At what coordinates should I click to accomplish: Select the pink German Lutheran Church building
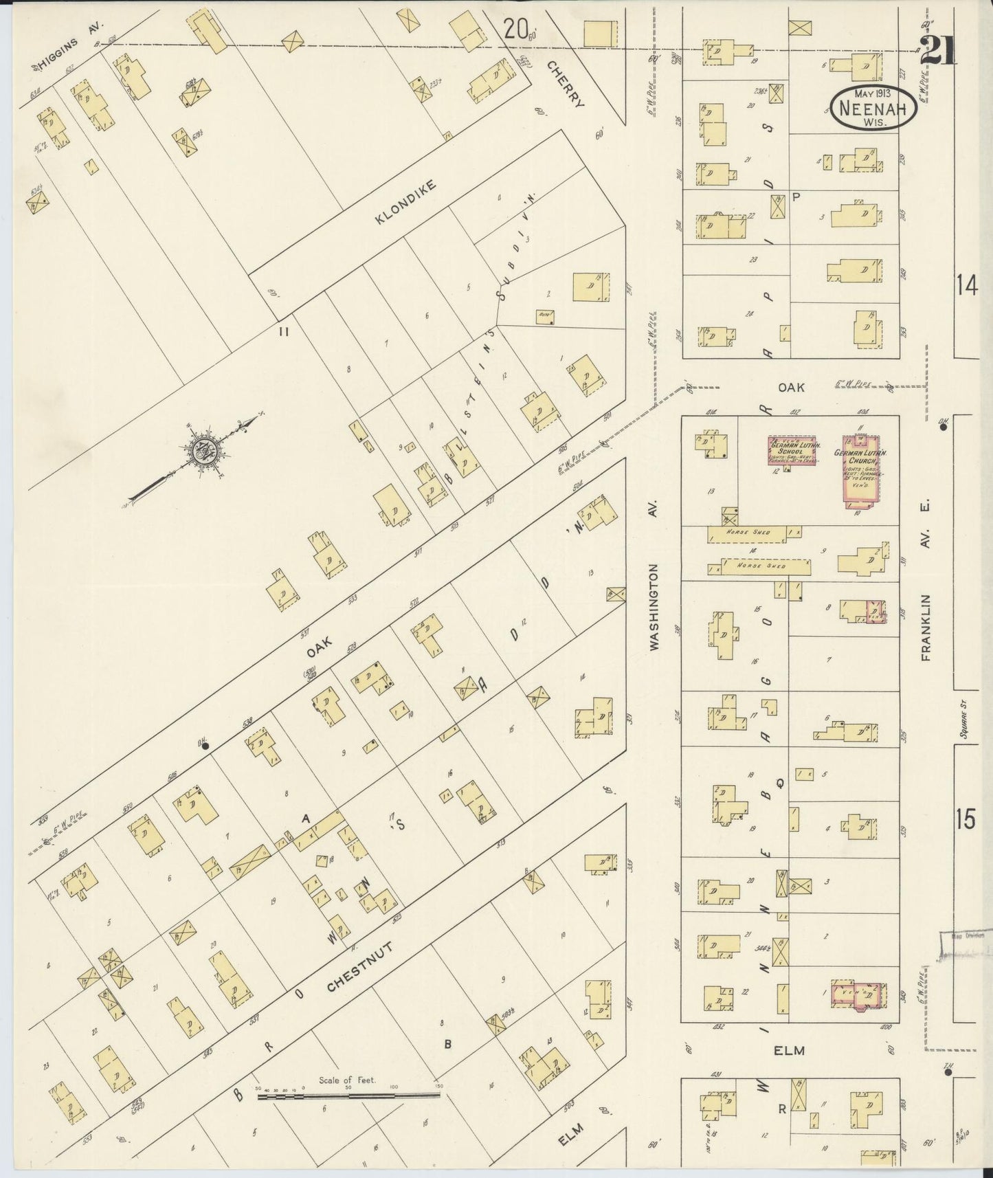point(864,469)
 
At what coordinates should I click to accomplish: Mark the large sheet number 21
point(937,50)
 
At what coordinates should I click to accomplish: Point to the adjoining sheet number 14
point(966,287)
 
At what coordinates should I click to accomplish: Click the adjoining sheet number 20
point(515,29)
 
